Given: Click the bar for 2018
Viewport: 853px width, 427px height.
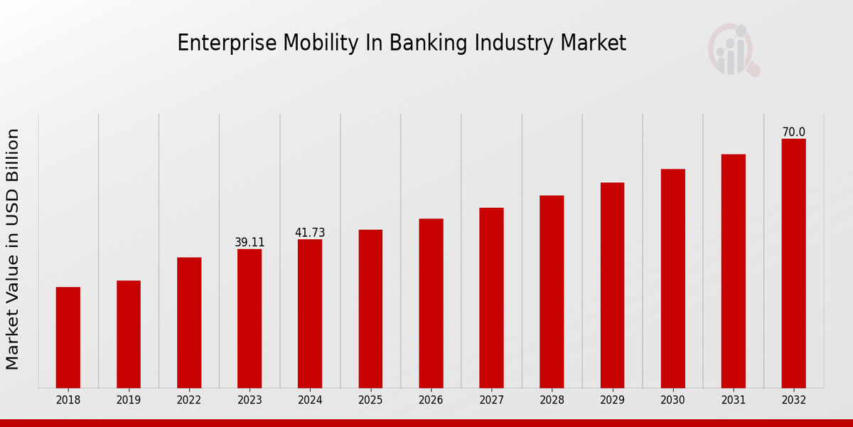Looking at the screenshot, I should [68, 337].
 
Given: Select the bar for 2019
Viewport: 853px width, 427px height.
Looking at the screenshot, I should [129, 334].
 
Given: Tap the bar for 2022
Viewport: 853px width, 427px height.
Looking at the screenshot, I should [189, 322].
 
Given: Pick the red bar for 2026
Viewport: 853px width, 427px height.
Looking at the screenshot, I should [431, 303].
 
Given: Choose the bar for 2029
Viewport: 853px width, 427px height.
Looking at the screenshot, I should [612, 285].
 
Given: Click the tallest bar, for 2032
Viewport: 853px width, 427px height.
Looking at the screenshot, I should [793, 263].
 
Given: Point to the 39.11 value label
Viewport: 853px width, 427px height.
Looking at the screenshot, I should [250, 243].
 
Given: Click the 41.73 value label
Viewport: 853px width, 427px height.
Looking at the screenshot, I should [310, 233].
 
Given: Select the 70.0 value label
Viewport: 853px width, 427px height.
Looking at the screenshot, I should [793, 132].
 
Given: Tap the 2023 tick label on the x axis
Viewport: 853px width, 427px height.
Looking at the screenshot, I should [250, 401].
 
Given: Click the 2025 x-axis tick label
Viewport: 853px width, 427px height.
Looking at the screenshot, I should [370, 401].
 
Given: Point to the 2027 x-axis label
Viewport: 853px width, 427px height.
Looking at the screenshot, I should [491, 401].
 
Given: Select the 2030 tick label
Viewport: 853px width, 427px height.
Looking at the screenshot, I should [672, 401].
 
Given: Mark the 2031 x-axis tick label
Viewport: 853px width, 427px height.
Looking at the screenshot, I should [733, 401].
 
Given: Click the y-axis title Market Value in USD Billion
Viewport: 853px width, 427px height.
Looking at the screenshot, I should [13, 249].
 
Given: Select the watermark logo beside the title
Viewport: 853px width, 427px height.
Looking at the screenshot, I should [733, 50].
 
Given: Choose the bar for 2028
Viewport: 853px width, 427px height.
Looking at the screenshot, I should [552, 292].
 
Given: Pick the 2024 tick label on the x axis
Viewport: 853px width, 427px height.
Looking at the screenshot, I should [310, 401].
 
